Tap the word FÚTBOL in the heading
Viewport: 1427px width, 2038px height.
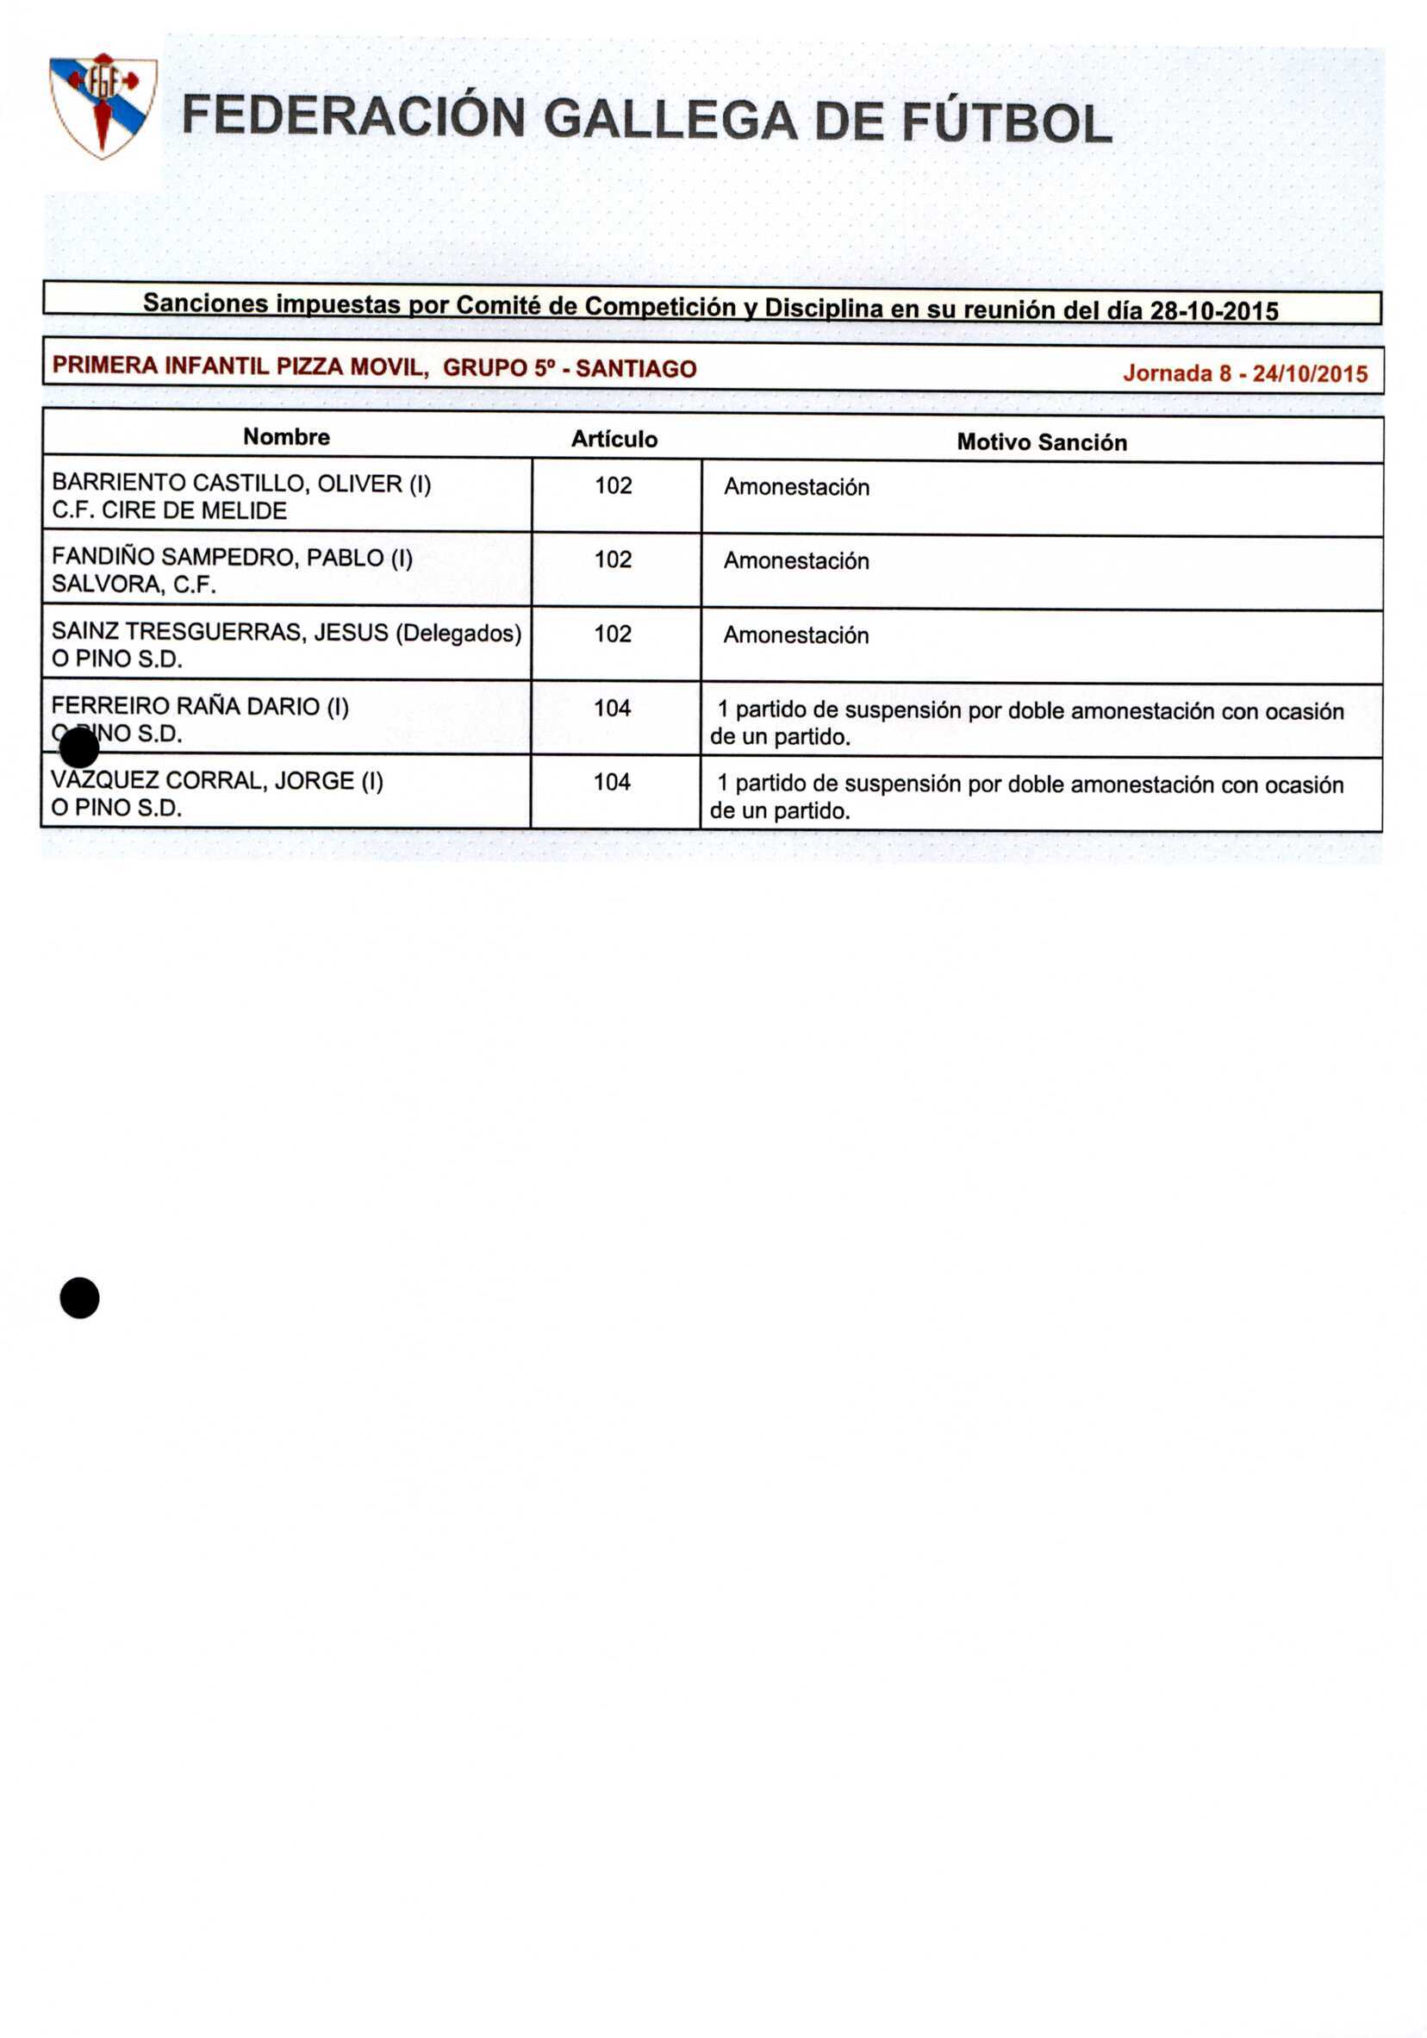tap(1006, 122)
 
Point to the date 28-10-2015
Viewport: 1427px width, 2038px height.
tap(1213, 310)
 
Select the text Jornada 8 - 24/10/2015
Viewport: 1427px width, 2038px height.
tap(1244, 372)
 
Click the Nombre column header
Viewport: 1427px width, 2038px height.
tap(286, 437)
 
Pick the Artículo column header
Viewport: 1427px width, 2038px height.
tap(614, 440)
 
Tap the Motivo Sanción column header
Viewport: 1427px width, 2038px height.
tap(1041, 442)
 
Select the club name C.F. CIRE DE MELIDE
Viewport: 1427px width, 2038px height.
tap(169, 510)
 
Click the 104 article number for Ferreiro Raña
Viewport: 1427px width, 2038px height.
tap(612, 708)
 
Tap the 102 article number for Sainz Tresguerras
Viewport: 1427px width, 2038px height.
tap(613, 634)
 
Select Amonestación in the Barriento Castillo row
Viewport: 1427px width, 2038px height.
tap(796, 486)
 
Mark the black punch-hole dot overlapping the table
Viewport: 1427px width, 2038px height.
tap(79, 749)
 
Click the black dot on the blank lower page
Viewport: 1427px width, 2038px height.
tap(79, 1297)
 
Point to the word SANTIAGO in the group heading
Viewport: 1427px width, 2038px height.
tap(635, 368)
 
